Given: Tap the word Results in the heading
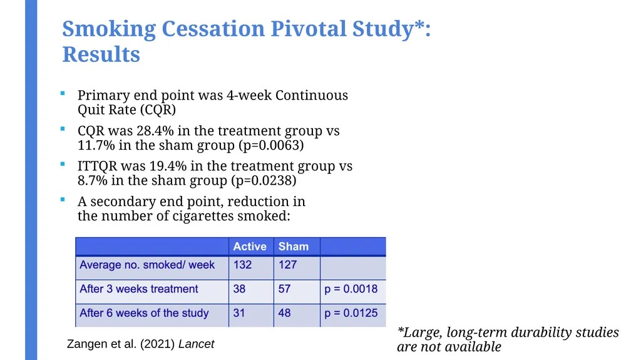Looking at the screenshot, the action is point(101,54).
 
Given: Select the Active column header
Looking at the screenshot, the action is point(250,246).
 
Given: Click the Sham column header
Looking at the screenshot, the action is point(294,246).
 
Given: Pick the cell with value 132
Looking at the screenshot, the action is point(242,265).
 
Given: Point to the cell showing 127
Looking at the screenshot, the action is point(288,265).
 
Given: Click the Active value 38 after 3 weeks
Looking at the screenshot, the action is point(239,289).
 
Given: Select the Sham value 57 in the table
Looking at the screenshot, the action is point(285,289).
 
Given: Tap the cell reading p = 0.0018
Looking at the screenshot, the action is point(351,289).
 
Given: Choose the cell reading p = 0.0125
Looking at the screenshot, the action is point(351,313).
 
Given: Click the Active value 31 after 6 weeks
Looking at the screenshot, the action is point(239,313).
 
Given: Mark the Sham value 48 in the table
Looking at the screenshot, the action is point(285,313).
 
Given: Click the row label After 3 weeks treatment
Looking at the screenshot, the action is point(139,289).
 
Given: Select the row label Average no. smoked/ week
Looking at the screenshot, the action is point(147,265).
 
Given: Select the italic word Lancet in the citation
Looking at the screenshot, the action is point(196,344).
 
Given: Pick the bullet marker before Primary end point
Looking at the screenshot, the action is point(63,94).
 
